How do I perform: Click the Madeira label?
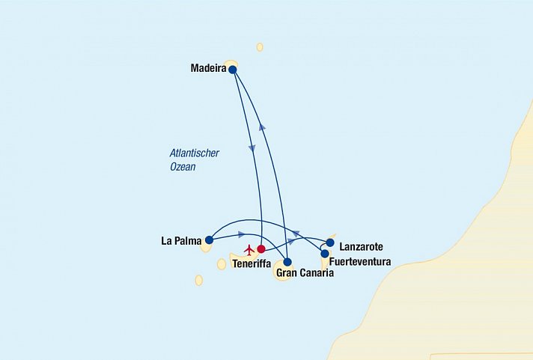(x=208, y=69)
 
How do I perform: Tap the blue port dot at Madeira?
(x=232, y=70)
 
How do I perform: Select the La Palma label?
(x=182, y=241)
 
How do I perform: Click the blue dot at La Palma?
(x=209, y=240)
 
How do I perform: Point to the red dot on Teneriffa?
(x=261, y=249)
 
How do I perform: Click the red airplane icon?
(x=249, y=249)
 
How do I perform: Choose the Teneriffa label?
(x=252, y=264)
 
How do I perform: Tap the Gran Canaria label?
(x=305, y=274)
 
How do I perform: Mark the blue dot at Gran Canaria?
(x=287, y=262)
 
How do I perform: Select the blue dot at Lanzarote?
(x=330, y=242)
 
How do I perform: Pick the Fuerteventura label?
(x=360, y=262)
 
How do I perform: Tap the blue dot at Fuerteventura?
(x=324, y=253)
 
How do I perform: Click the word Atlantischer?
(x=194, y=153)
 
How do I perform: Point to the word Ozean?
(x=183, y=167)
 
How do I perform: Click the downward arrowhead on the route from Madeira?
(x=252, y=149)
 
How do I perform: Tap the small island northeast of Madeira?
(x=260, y=47)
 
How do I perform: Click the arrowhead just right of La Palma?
(x=241, y=234)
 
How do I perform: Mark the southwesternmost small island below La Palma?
(x=198, y=280)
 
